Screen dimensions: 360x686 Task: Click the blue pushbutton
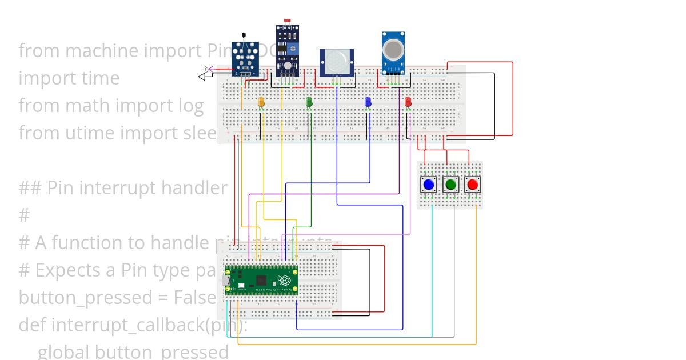point(428,185)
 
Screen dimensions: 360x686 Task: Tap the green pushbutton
point(450,185)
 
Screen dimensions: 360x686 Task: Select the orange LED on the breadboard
point(261,102)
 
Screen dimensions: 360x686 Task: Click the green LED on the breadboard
point(309,102)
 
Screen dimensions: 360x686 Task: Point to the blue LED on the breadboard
point(368,102)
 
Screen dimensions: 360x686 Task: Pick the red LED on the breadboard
point(408,102)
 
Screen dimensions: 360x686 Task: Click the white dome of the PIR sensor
point(336,61)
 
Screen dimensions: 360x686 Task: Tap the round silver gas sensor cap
point(393,48)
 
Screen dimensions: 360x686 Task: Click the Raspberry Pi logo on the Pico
point(284,281)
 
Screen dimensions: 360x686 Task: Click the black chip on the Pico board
point(261,280)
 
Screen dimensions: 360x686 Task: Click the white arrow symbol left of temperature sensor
point(202,76)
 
